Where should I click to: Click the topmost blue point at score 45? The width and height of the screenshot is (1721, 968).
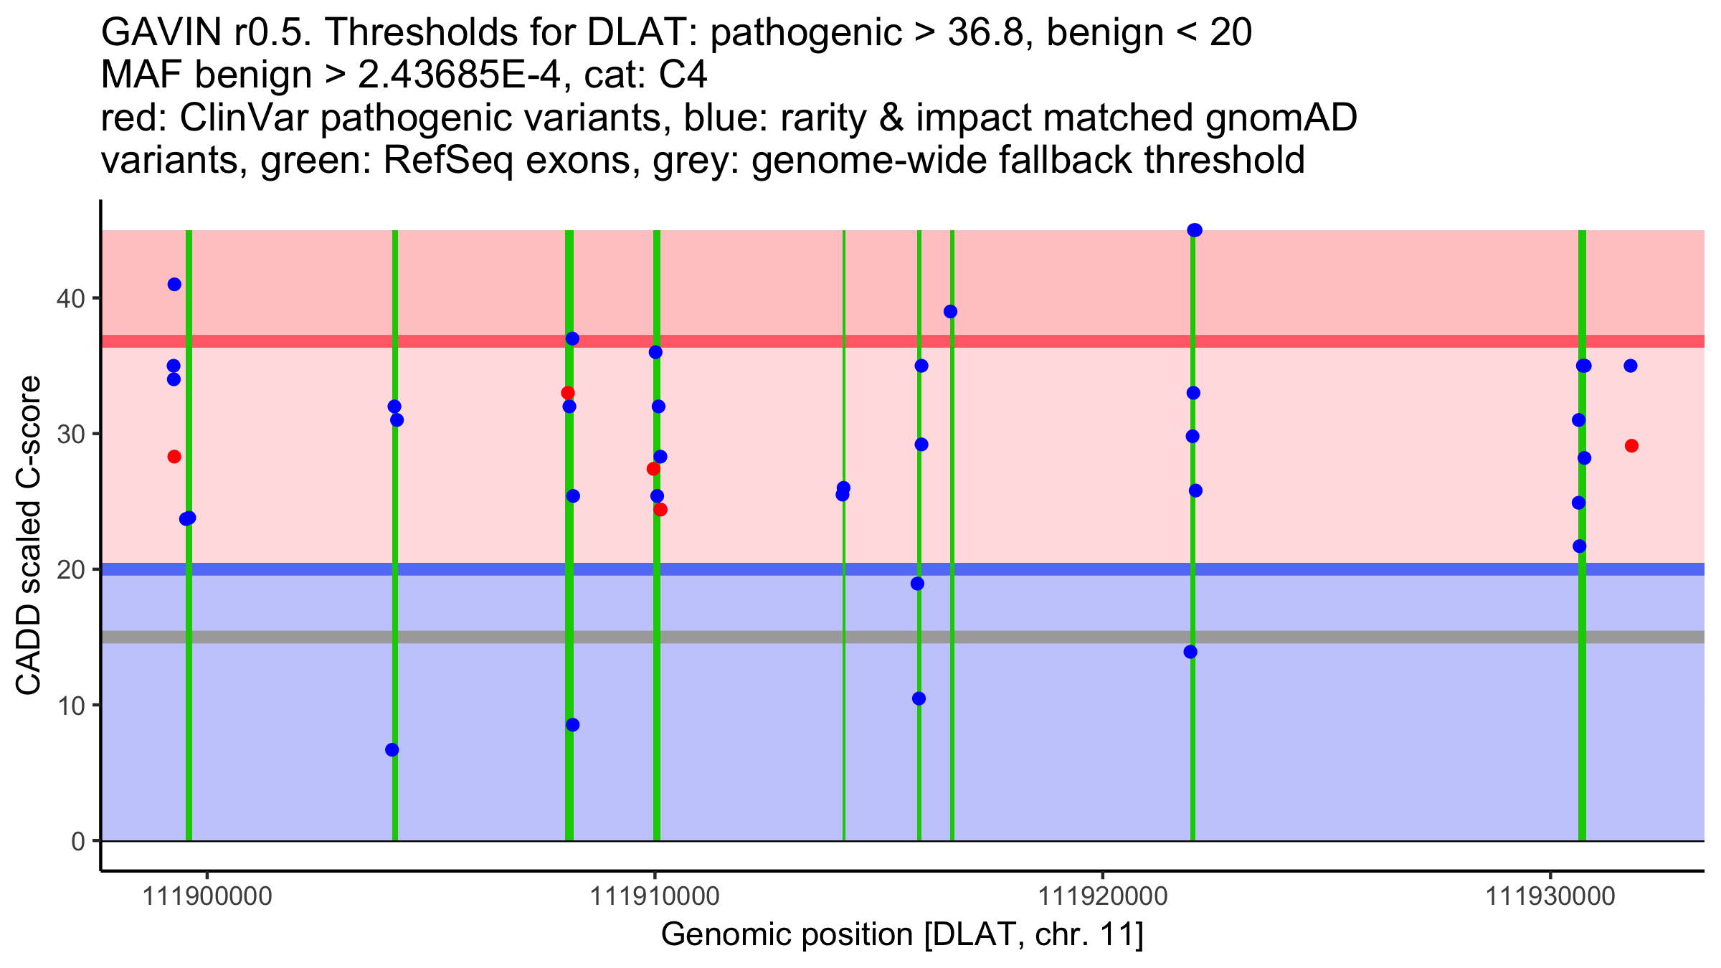coord(1195,230)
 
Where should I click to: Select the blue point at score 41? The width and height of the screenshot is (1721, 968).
coord(174,285)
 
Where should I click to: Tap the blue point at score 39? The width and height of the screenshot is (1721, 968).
coord(951,312)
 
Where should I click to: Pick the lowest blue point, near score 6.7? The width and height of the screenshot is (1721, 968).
coord(392,750)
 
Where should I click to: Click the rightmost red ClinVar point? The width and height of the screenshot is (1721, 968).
coord(1631,446)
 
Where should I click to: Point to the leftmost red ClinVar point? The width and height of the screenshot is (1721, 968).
coord(174,457)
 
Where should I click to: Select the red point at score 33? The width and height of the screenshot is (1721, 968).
coord(568,393)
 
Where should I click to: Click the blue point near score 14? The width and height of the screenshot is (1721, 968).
coord(1190,652)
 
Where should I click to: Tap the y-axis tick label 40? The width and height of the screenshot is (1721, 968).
coord(70,298)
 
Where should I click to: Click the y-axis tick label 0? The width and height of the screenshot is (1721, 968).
coord(78,841)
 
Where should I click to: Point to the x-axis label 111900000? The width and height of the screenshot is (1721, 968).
coord(207,896)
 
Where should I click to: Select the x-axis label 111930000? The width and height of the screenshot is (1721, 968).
coord(1550,896)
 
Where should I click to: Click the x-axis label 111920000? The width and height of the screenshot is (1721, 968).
coord(1103,896)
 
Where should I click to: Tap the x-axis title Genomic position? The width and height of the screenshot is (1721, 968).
coord(901,935)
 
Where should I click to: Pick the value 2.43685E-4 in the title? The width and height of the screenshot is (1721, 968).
coord(459,75)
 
